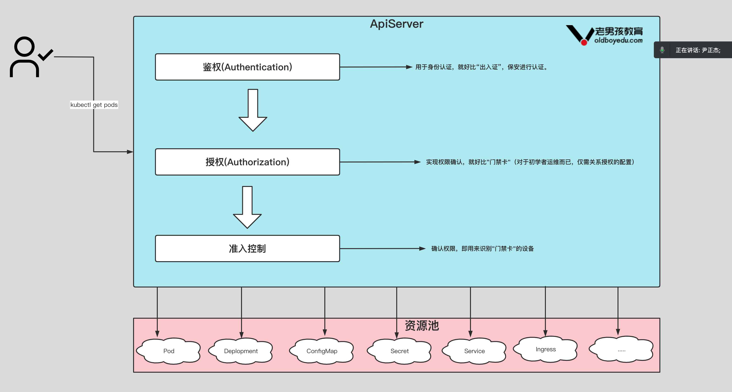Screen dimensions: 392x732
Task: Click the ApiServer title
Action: pyautogui.click(x=396, y=24)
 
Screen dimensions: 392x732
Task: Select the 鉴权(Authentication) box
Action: pyautogui.click(x=247, y=67)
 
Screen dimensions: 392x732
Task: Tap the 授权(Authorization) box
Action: pyautogui.click(x=247, y=162)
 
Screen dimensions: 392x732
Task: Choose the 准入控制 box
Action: pyautogui.click(x=247, y=248)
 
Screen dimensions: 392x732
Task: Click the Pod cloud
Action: pyautogui.click(x=168, y=351)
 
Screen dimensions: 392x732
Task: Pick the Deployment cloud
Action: pyautogui.click(x=241, y=351)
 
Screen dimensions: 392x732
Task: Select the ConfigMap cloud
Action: pyautogui.click(x=322, y=351)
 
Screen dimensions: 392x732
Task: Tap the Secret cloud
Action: pyautogui.click(x=399, y=351)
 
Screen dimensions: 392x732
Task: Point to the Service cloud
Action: pyautogui.click(x=474, y=351)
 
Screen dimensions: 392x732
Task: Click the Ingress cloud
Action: pyautogui.click(x=546, y=349)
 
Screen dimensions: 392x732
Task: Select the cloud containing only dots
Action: pyautogui.click(x=621, y=349)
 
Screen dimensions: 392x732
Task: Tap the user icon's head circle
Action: pyautogui.click(x=24, y=46)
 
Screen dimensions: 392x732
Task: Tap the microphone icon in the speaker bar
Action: pyautogui.click(x=662, y=50)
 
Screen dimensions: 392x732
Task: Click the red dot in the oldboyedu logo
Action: pyautogui.click(x=584, y=43)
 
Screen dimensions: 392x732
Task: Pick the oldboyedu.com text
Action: pyautogui.click(x=618, y=40)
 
